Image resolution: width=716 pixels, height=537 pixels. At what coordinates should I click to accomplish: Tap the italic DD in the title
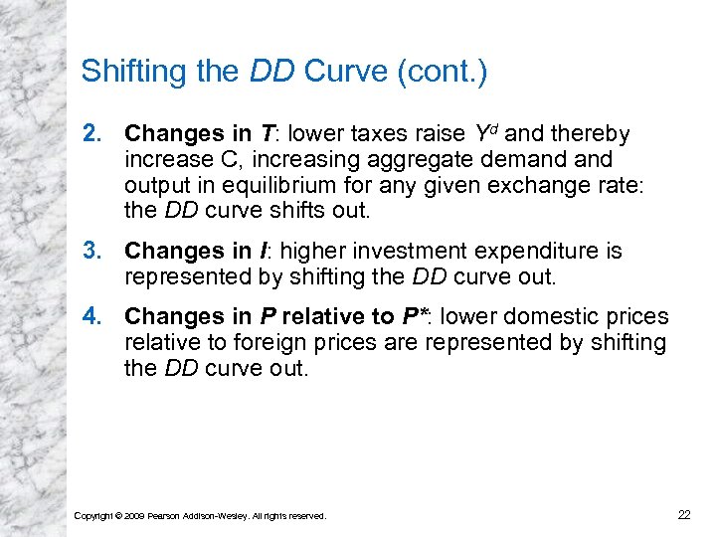pos(271,72)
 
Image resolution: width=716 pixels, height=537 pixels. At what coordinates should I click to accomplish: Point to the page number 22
pos(683,514)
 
